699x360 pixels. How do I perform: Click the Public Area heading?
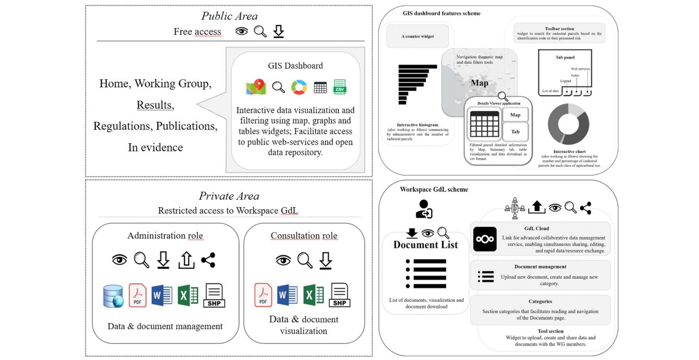point(229,17)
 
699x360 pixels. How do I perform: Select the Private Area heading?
point(229,196)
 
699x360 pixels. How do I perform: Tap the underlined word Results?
point(155,105)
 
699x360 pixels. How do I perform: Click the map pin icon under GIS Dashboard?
point(256,87)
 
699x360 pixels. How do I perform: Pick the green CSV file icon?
point(340,87)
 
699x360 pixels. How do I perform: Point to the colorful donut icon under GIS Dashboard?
point(299,87)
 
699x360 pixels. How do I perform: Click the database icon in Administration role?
point(113,296)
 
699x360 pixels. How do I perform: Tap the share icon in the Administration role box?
point(208,260)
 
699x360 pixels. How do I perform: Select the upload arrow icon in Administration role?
point(186,260)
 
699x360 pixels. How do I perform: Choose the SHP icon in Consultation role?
point(340,295)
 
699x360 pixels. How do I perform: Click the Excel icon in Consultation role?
point(314,295)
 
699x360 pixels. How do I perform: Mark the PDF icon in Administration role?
point(138,296)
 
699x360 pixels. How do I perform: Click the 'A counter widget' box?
point(418,36)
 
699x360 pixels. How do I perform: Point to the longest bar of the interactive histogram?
point(418,67)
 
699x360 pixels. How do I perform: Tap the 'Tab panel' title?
point(565,57)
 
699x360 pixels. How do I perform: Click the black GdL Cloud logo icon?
point(485,239)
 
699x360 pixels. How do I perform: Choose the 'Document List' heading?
point(426,245)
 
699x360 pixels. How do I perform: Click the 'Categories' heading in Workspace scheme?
point(540,301)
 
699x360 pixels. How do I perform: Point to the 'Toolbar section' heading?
point(559,29)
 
